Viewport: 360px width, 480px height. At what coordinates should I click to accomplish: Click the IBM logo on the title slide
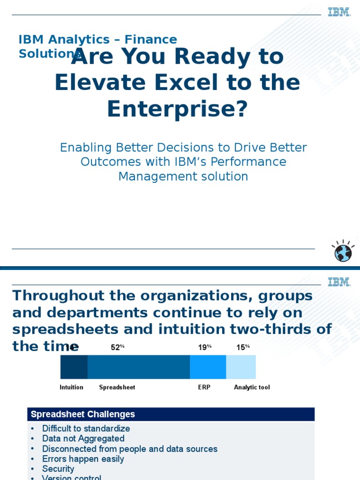pyautogui.click(x=339, y=12)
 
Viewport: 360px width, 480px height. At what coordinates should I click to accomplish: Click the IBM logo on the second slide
pyautogui.click(x=339, y=282)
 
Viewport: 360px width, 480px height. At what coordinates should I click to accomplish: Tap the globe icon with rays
pyautogui.click(x=343, y=252)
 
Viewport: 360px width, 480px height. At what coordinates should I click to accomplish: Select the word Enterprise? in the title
pyautogui.click(x=177, y=109)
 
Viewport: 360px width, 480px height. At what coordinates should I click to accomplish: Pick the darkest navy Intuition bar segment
pyautogui.click(x=74, y=367)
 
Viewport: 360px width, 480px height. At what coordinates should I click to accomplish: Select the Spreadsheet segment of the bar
pyautogui.click(x=138, y=367)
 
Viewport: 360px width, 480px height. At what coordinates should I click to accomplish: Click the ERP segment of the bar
pyautogui.click(x=208, y=367)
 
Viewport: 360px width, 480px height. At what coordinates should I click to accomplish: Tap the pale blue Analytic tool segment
pyautogui.click(x=241, y=367)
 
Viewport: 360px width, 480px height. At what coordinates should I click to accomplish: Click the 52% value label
pyautogui.click(x=117, y=347)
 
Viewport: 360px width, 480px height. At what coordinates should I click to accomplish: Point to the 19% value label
pyautogui.click(x=204, y=347)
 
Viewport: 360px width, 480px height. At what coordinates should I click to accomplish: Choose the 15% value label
pyautogui.click(x=243, y=347)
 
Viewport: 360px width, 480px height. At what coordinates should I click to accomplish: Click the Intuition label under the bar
pyautogui.click(x=71, y=387)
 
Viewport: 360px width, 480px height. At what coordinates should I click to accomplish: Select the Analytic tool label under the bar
pyautogui.click(x=252, y=387)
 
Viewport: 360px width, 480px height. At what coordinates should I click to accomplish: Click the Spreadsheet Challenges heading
pyautogui.click(x=83, y=414)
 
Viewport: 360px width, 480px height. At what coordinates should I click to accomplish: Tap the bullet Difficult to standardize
pyautogui.click(x=86, y=428)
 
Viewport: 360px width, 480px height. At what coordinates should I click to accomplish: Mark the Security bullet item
pyautogui.click(x=58, y=469)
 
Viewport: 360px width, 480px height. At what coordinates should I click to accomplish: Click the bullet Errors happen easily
pyautogui.click(x=83, y=459)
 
